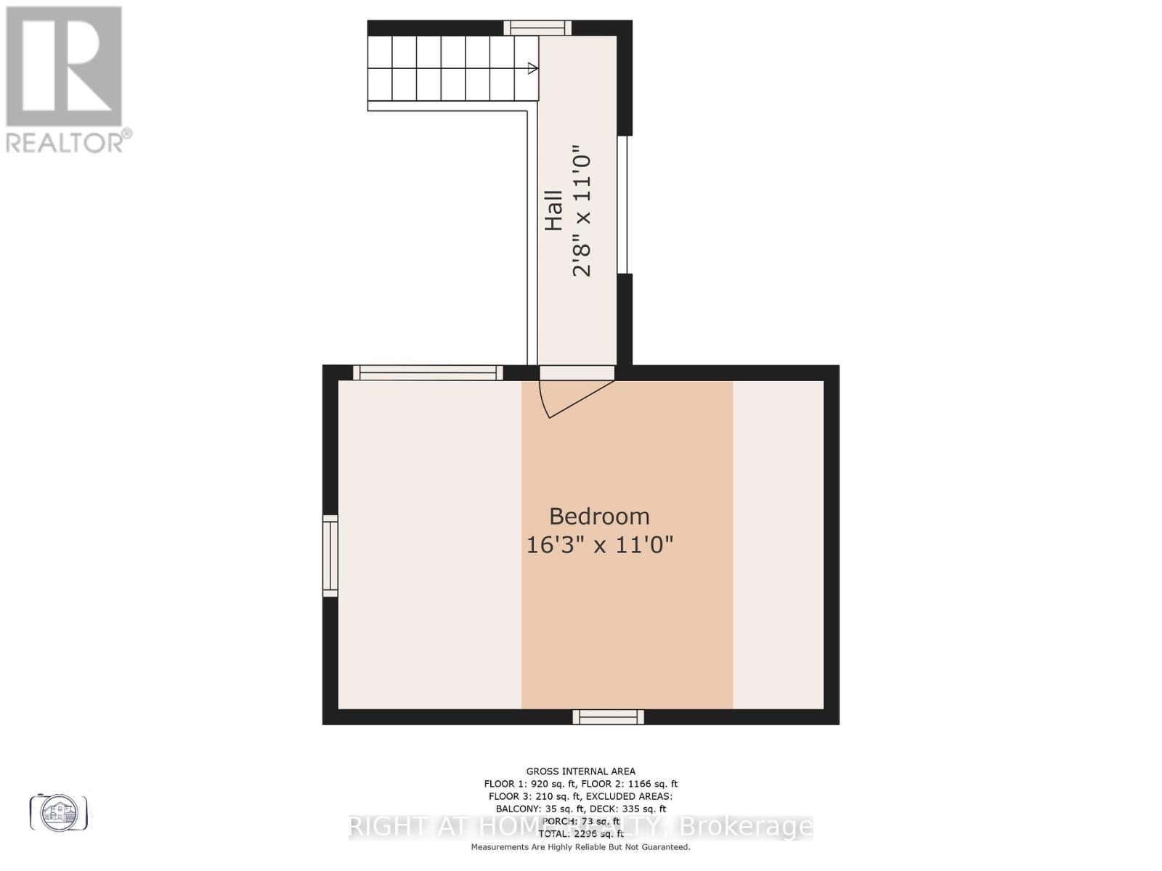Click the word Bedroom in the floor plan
[599, 516]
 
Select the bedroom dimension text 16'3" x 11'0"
[599, 544]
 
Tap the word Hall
[554, 210]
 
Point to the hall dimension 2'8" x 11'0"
[582, 215]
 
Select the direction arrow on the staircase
[532, 69]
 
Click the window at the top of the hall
[537, 28]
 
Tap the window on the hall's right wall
[622, 205]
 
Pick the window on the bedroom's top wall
[428, 373]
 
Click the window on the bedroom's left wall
[330, 556]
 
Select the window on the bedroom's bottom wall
[609, 717]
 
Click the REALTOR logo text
[69, 141]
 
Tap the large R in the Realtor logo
[64, 65]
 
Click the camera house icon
[59, 812]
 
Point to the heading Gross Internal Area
[580, 772]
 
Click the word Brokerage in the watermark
[748, 827]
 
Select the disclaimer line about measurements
[580, 847]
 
